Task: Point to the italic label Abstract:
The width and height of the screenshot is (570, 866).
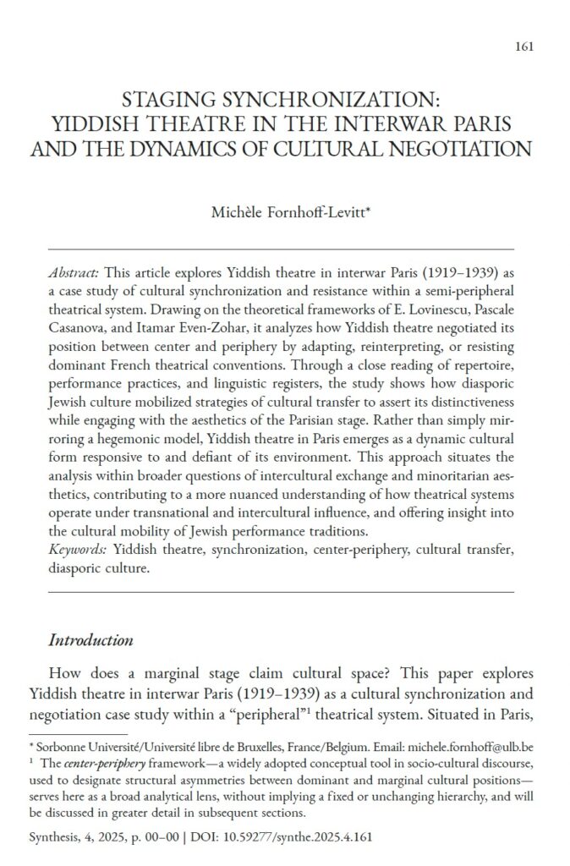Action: tap(75, 276)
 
